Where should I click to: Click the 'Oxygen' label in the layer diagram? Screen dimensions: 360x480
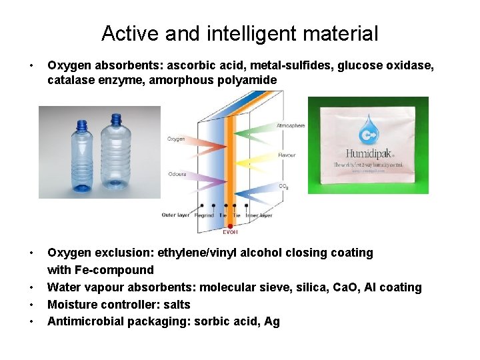[x=176, y=139]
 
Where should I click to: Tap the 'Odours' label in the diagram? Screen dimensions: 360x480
[x=177, y=175]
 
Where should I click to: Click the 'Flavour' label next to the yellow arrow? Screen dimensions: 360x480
[x=287, y=156]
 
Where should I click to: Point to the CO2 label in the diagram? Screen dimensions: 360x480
[x=283, y=186]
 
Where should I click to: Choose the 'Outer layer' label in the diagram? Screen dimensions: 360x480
[x=175, y=215]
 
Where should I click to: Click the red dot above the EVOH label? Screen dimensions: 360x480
[x=230, y=206]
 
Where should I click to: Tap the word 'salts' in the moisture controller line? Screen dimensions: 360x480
[x=176, y=305]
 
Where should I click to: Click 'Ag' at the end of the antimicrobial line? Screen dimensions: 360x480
[x=271, y=322]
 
